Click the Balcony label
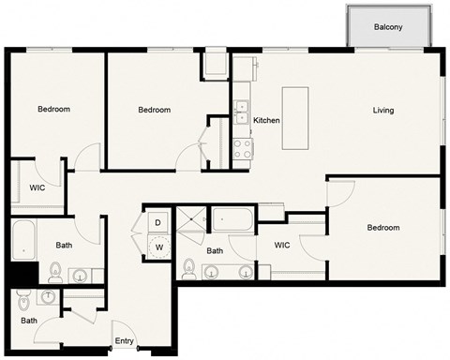point(388,27)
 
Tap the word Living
point(382,111)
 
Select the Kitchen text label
point(267,120)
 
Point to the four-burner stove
point(241,147)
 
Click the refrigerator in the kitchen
point(215,68)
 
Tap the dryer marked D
point(157,223)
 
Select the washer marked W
point(158,247)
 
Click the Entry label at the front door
point(124,340)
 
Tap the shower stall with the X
point(191,221)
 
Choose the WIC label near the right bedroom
point(282,246)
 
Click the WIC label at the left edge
point(37,187)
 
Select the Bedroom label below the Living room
point(382,228)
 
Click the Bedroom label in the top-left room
point(53,110)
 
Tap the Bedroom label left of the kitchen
point(154,111)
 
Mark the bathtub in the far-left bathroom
point(23,241)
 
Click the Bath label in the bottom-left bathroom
point(29,321)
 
